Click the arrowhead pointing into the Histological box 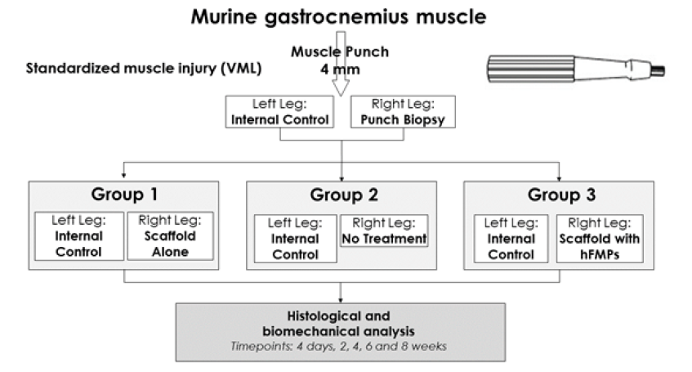[341, 298]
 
